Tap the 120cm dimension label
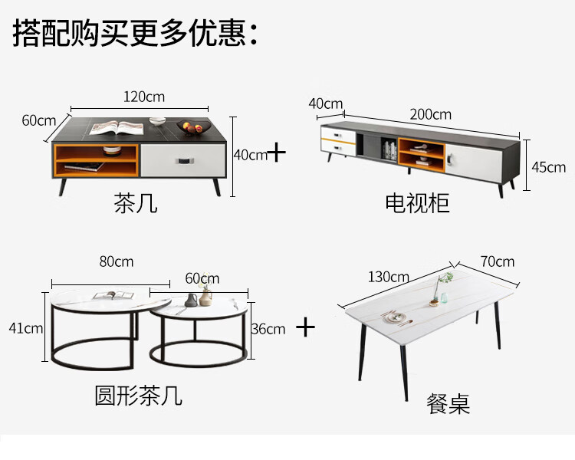point(144,97)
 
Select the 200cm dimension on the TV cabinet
point(430,114)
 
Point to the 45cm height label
point(549,167)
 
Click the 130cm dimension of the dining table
point(388,277)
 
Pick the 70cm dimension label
point(497,261)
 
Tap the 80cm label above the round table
point(116,261)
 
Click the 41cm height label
point(25,328)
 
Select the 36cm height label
point(268,329)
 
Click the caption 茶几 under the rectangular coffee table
point(136,203)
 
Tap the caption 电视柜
point(417,203)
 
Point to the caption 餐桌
point(449,404)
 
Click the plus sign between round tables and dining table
point(306,327)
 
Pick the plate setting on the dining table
point(396,316)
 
